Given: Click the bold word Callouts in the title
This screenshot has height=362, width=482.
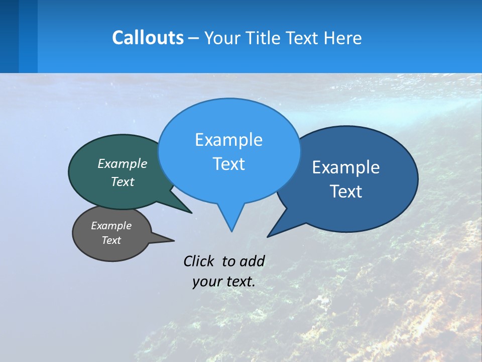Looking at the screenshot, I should tap(148, 38).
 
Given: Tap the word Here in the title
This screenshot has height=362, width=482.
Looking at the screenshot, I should tap(343, 38).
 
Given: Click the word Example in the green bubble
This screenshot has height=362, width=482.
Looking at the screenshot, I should tap(123, 163).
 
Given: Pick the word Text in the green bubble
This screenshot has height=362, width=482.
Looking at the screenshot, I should tap(123, 182).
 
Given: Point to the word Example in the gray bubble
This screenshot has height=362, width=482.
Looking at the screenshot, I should tap(111, 226).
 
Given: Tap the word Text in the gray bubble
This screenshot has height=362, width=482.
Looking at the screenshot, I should tap(111, 240).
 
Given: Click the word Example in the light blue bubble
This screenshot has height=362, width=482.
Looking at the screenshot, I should tap(228, 140).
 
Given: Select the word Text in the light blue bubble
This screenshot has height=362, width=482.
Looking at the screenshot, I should tap(228, 164).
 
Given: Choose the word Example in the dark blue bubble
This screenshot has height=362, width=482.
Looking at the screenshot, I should tap(346, 167).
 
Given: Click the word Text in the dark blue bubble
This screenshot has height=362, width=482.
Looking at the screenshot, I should tap(346, 192).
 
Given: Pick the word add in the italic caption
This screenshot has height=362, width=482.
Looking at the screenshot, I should tap(252, 261).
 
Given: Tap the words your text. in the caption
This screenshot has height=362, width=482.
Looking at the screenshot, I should tap(223, 282).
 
